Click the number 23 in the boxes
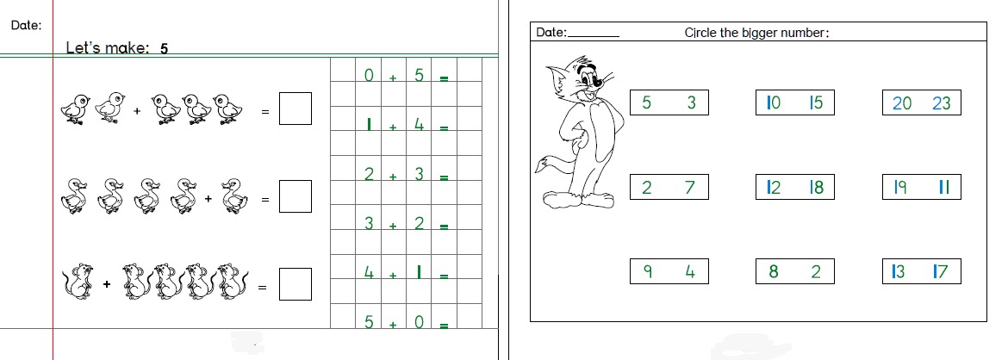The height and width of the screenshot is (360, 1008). tap(941, 102)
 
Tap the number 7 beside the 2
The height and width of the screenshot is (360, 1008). tap(690, 188)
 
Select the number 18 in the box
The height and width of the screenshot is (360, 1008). tap(817, 188)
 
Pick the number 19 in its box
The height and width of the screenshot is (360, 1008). tap(900, 188)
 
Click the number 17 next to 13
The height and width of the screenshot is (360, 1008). tap(941, 272)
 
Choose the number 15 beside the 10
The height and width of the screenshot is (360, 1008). tap(816, 102)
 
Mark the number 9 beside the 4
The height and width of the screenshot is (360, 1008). tap(647, 272)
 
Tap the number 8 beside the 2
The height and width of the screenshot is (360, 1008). tap(774, 272)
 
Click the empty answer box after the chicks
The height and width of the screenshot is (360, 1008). tap(295, 109)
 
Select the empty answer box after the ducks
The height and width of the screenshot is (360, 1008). tap(295, 196)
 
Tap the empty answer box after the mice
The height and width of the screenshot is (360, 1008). tap(295, 284)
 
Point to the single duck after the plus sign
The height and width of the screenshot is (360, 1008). tap(233, 196)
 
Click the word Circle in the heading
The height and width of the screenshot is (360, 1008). tap(700, 33)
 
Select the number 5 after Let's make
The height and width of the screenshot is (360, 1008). tap(164, 48)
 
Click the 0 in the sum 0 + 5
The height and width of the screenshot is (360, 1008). tap(369, 76)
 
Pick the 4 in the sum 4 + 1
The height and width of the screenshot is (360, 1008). tap(369, 273)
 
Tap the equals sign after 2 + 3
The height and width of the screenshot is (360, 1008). tap(444, 177)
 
